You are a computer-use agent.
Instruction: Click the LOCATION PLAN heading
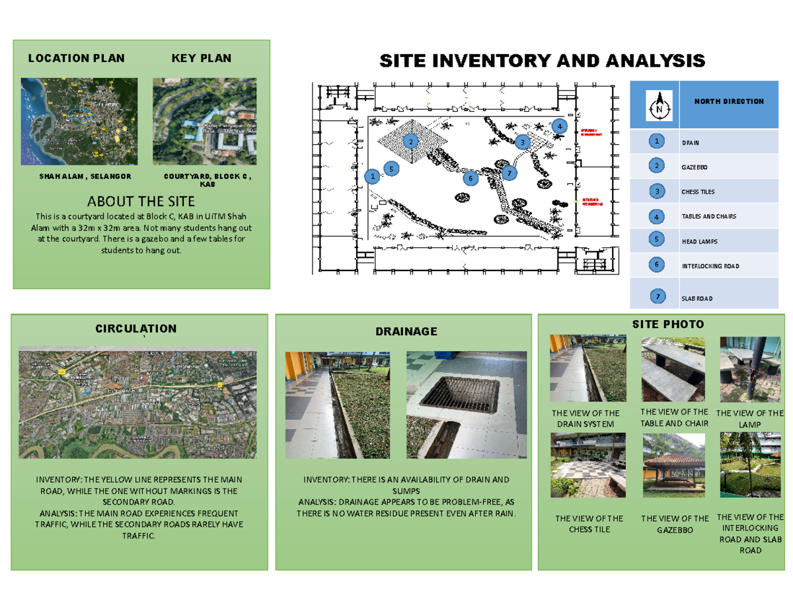(x=76, y=58)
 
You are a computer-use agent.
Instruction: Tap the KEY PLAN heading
(x=202, y=58)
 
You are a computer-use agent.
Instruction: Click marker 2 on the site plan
(x=410, y=142)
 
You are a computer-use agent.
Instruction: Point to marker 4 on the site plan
(x=559, y=126)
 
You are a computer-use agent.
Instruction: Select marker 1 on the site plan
(x=373, y=177)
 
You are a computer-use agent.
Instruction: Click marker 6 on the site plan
(x=471, y=178)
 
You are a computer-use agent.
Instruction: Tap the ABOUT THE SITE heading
(x=141, y=201)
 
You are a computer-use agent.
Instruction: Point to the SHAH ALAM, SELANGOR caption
(x=85, y=177)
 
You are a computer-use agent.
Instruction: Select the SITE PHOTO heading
(x=668, y=325)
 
